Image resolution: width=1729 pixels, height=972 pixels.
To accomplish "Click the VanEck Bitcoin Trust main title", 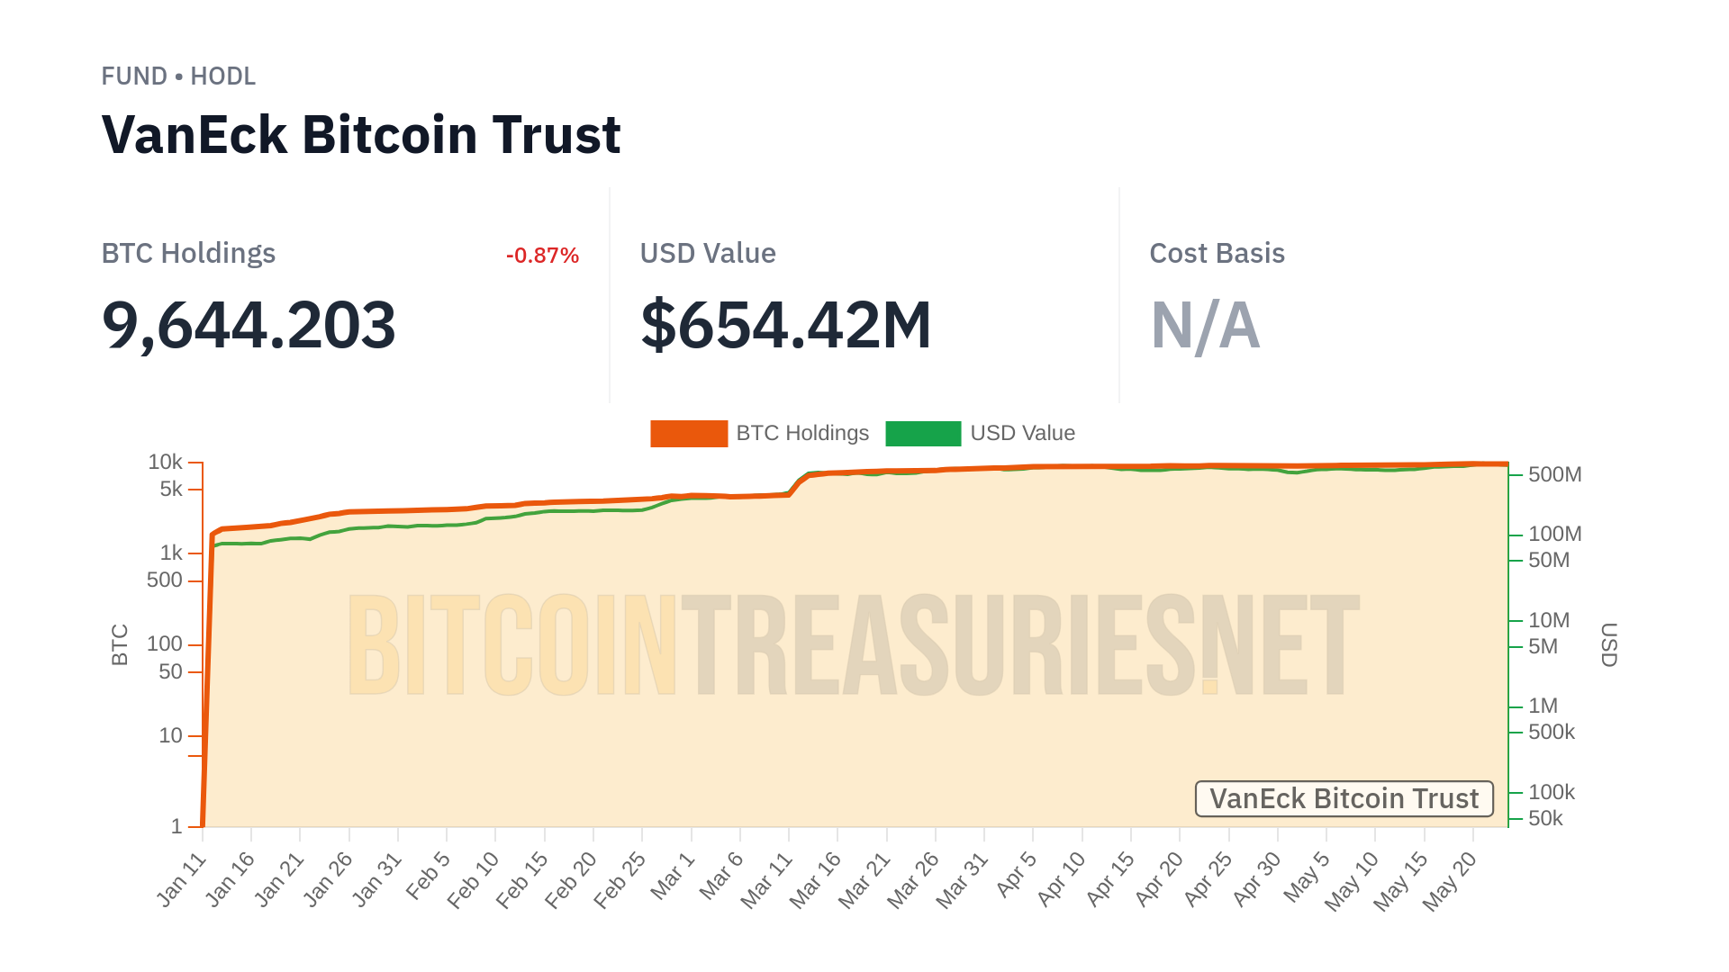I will [361, 135].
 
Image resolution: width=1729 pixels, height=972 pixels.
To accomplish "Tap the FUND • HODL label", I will [178, 76].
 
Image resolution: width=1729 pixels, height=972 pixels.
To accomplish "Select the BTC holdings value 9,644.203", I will [249, 325].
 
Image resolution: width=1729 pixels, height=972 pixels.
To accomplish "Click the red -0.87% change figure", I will [542, 256].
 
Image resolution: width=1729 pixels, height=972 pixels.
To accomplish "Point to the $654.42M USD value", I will [785, 325].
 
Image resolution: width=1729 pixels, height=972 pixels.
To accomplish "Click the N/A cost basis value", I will [1205, 325].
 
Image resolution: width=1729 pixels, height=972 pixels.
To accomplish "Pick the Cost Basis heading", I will [1217, 254].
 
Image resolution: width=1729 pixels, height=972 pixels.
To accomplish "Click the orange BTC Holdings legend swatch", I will [689, 434].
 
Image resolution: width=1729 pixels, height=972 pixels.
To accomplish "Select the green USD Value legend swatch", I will [923, 434].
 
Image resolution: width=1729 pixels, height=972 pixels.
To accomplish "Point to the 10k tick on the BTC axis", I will [166, 463].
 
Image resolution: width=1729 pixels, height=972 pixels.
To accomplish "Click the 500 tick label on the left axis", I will [165, 580].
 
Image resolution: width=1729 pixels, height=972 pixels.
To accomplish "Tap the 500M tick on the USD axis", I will [1554, 475].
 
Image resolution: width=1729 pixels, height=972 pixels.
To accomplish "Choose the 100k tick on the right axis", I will [1551, 793].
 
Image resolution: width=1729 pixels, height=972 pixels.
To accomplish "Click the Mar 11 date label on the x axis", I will [766, 880].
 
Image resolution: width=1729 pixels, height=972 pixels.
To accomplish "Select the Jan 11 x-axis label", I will [181, 880].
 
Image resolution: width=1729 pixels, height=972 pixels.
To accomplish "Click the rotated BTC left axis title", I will [120, 645].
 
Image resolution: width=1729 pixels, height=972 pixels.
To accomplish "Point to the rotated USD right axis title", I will [1609, 645].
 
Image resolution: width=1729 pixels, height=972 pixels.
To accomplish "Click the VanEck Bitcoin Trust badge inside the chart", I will [1344, 799].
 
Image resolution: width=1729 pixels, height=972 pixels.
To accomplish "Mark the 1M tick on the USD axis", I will [1543, 706].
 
